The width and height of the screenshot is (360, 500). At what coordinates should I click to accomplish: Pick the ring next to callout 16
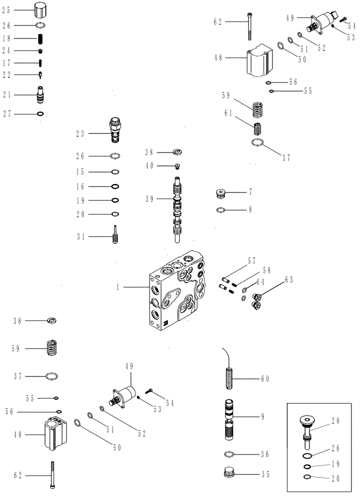click(114, 186)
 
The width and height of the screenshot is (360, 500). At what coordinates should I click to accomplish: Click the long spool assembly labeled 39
click(178, 210)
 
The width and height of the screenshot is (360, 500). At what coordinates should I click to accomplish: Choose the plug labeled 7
click(220, 192)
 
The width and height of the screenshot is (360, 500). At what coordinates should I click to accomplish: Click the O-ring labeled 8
click(220, 210)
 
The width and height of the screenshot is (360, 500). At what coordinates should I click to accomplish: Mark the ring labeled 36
click(228, 454)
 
